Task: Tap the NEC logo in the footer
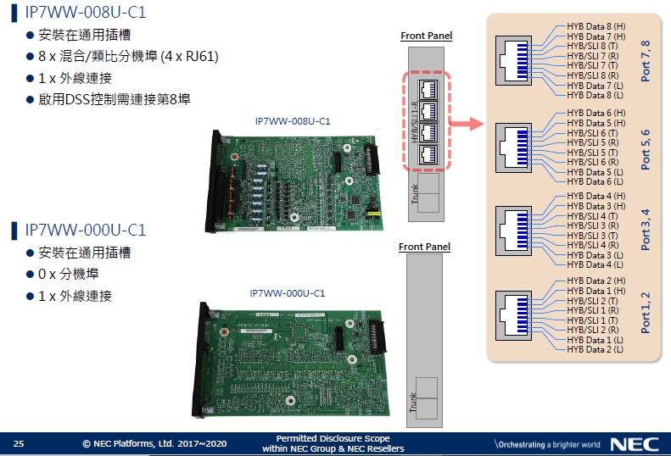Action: point(633,444)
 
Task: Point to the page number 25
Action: point(19,443)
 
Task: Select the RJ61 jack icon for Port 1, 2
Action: point(518,314)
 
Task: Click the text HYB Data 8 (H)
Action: point(596,27)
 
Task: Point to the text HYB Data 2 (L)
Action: point(595,349)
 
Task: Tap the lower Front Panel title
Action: point(425,247)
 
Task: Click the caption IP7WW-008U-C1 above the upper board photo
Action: point(293,121)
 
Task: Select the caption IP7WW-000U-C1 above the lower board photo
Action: point(288,292)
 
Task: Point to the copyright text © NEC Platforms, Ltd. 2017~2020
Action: point(154,443)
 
